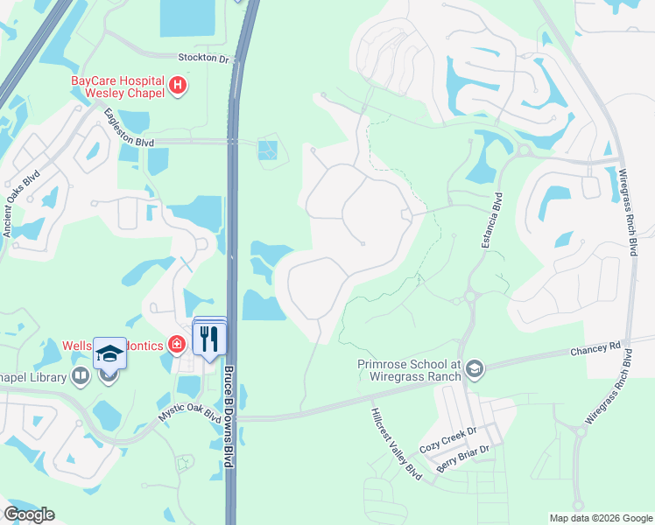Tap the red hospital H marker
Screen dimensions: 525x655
(179, 85)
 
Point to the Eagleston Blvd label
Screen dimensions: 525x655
(128, 129)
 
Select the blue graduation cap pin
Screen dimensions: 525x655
(109, 353)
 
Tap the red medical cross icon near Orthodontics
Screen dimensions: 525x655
(178, 346)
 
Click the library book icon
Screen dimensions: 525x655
(81, 376)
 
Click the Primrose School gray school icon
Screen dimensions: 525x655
(475, 367)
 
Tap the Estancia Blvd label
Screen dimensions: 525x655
(491, 220)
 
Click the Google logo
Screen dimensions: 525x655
(29, 514)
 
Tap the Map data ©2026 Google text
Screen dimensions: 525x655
(601, 518)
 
